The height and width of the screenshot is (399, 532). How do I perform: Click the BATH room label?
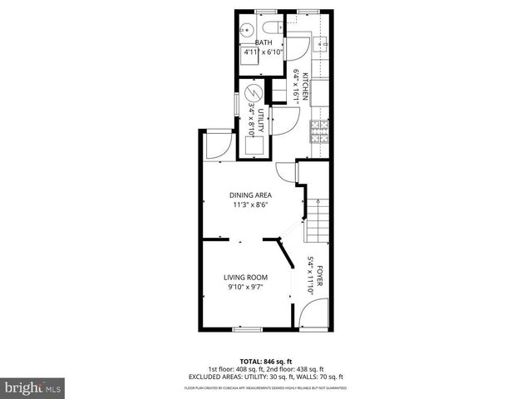(264, 42)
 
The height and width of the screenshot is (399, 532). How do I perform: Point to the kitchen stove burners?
(318, 132)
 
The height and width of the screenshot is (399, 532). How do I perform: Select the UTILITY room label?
(260, 123)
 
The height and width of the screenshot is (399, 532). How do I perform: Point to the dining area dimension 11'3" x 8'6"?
(250, 205)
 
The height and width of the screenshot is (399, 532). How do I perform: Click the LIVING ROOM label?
(245, 278)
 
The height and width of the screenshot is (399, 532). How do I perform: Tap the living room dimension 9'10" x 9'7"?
(244, 287)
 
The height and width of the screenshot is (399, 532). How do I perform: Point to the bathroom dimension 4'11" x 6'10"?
(263, 52)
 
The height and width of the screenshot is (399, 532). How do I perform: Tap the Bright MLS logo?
(32, 387)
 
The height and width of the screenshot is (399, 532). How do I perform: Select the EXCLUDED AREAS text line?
(265, 377)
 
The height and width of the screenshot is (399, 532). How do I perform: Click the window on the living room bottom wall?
(246, 329)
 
